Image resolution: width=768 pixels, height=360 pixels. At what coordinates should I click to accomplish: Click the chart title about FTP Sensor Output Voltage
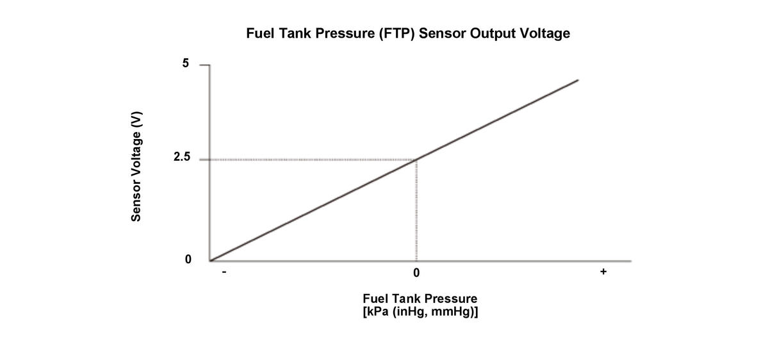407,34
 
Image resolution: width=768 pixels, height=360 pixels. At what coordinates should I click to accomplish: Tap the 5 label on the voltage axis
186,64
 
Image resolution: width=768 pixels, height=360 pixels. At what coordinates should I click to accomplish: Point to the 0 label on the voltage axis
188,260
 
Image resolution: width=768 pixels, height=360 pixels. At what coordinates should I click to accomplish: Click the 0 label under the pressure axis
416,274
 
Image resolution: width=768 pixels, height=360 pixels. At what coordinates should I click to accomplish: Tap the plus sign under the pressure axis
603,273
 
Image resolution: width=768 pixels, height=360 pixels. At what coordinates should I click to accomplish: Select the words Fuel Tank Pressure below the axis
420,299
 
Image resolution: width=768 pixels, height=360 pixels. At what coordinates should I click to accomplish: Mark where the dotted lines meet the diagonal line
417,160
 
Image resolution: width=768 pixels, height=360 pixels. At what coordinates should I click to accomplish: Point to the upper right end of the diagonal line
578,80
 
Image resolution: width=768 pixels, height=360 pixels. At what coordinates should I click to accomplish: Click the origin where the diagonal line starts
210,261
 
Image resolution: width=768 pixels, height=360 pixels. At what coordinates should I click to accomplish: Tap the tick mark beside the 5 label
204,65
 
